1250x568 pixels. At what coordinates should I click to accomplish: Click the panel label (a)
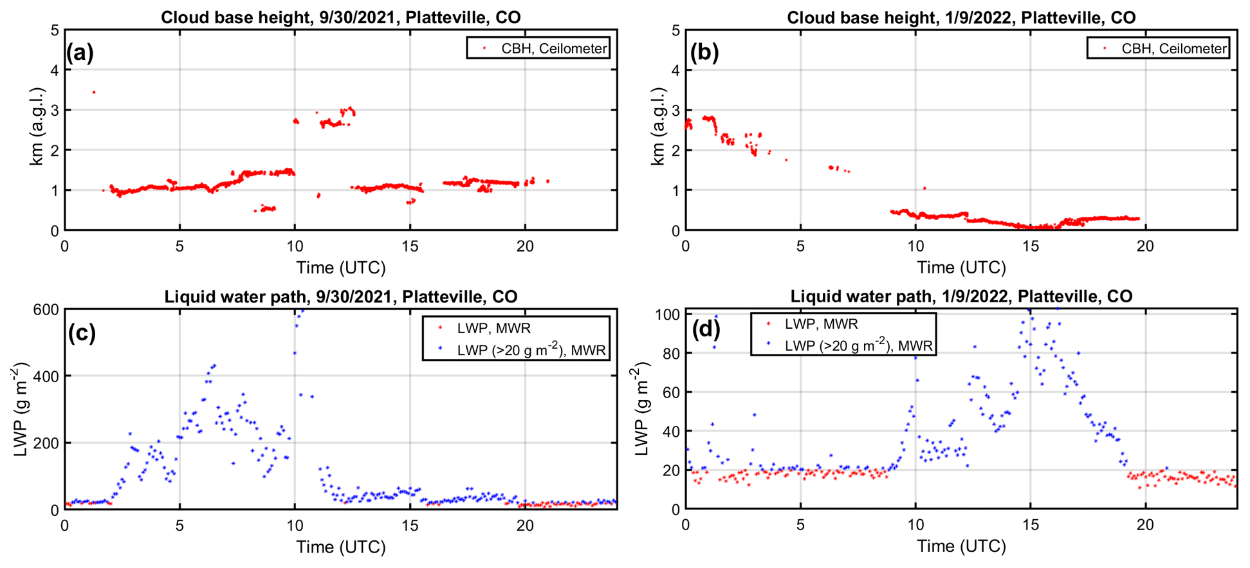pyautogui.click(x=80, y=52)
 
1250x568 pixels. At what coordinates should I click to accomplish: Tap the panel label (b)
pyautogui.click(x=704, y=52)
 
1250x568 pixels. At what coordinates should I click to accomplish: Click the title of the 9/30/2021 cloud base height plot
pyautogui.click(x=340, y=17)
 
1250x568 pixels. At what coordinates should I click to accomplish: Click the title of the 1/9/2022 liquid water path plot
pyautogui.click(x=961, y=297)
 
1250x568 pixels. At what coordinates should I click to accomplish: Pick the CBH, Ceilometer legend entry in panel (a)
pyautogui.click(x=553, y=48)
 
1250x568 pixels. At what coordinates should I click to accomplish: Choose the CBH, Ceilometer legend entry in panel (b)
pyautogui.click(x=1174, y=48)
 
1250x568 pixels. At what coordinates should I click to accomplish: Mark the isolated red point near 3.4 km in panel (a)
pyautogui.click(x=94, y=92)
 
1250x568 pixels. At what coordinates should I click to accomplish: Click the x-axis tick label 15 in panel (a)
pyautogui.click(x=410, y=246)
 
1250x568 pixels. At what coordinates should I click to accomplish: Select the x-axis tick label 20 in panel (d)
pyautogui.click(x=1145, y=525)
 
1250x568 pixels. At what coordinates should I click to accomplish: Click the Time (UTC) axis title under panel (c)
pyautogui.click(x=340, y=547)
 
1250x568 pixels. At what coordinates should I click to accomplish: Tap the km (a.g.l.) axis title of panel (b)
pyautogui.click(x=657, y=127)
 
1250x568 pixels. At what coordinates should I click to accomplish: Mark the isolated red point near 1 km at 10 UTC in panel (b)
pyautogui.click(x=924, y=188)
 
